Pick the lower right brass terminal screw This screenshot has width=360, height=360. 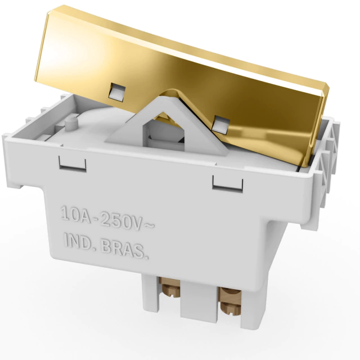tap(230, 308)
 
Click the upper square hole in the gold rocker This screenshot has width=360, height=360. tap(118, 92)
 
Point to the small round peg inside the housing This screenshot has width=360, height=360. tap(71, 124)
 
